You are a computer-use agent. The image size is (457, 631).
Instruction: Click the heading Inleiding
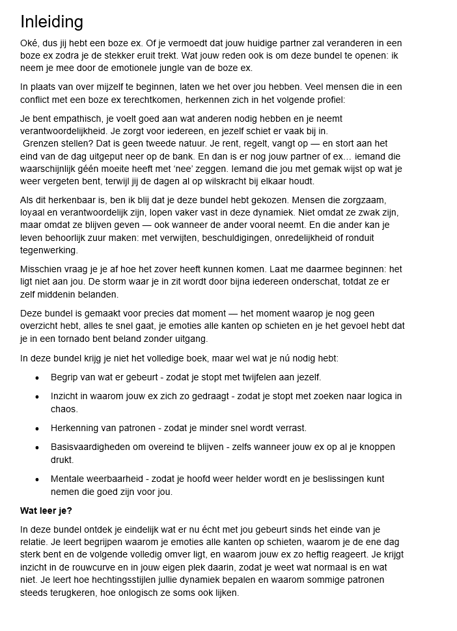click(51, 22)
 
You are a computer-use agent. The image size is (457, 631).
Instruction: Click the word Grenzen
click(42, 144)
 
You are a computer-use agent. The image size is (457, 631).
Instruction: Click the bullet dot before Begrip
click(37, 378)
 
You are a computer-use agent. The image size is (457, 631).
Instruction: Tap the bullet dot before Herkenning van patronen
click(37, 428)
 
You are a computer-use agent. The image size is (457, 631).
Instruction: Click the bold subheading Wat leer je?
click(46, 511)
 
